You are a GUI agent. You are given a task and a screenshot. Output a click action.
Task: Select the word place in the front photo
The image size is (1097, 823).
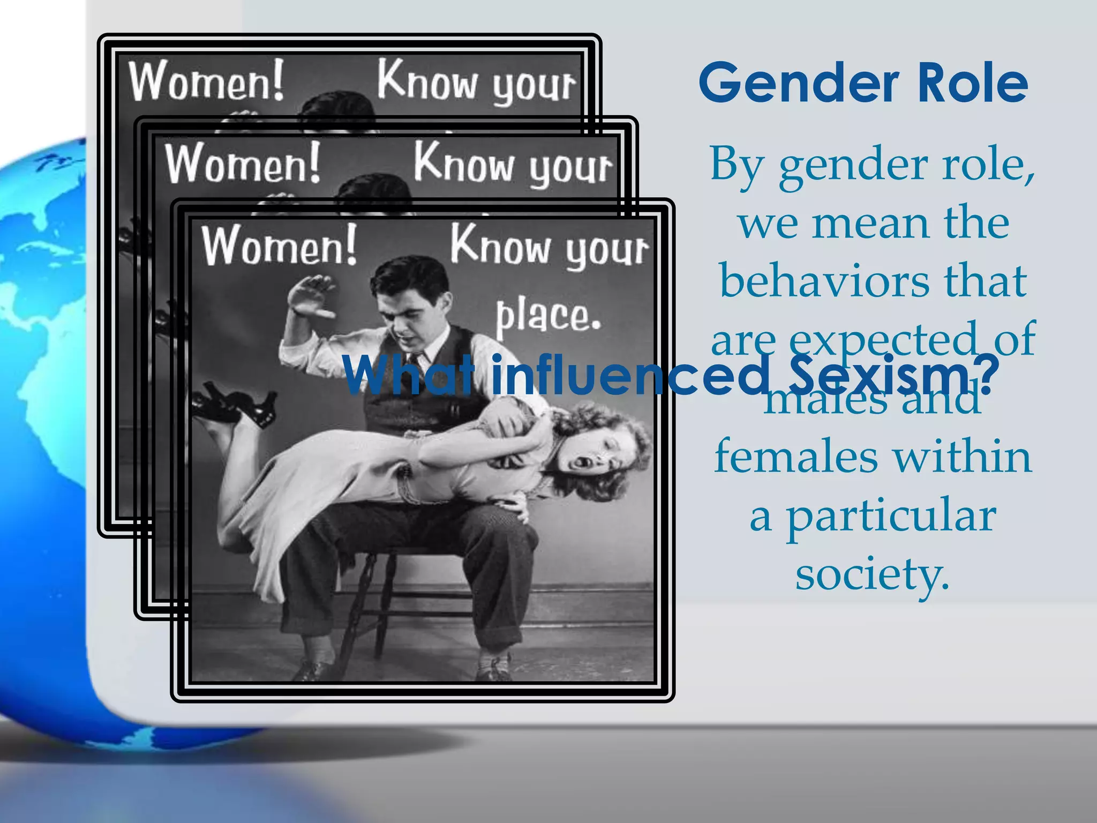click(x=547, y=317)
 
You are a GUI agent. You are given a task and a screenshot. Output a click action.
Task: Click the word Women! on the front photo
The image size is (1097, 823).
click(x=279, y=246)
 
